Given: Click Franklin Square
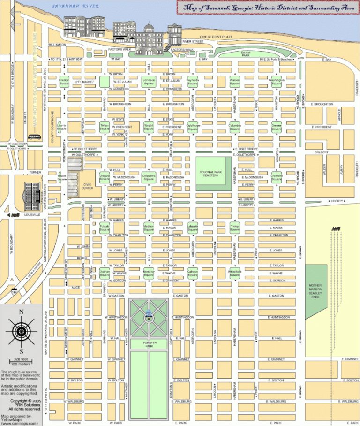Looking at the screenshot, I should (64, 82).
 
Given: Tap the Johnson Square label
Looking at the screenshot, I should (149, 82).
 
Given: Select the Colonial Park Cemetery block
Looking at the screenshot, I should (213, 174).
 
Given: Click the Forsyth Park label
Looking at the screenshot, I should (149, 344).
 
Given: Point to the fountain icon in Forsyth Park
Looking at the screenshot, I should (149, 316).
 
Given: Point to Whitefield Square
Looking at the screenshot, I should (234, 273).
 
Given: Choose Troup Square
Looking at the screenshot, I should (234, 228).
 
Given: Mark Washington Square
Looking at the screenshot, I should (277, 82).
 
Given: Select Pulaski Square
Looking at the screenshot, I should (104, 228).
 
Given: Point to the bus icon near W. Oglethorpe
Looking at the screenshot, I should (34, 137).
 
